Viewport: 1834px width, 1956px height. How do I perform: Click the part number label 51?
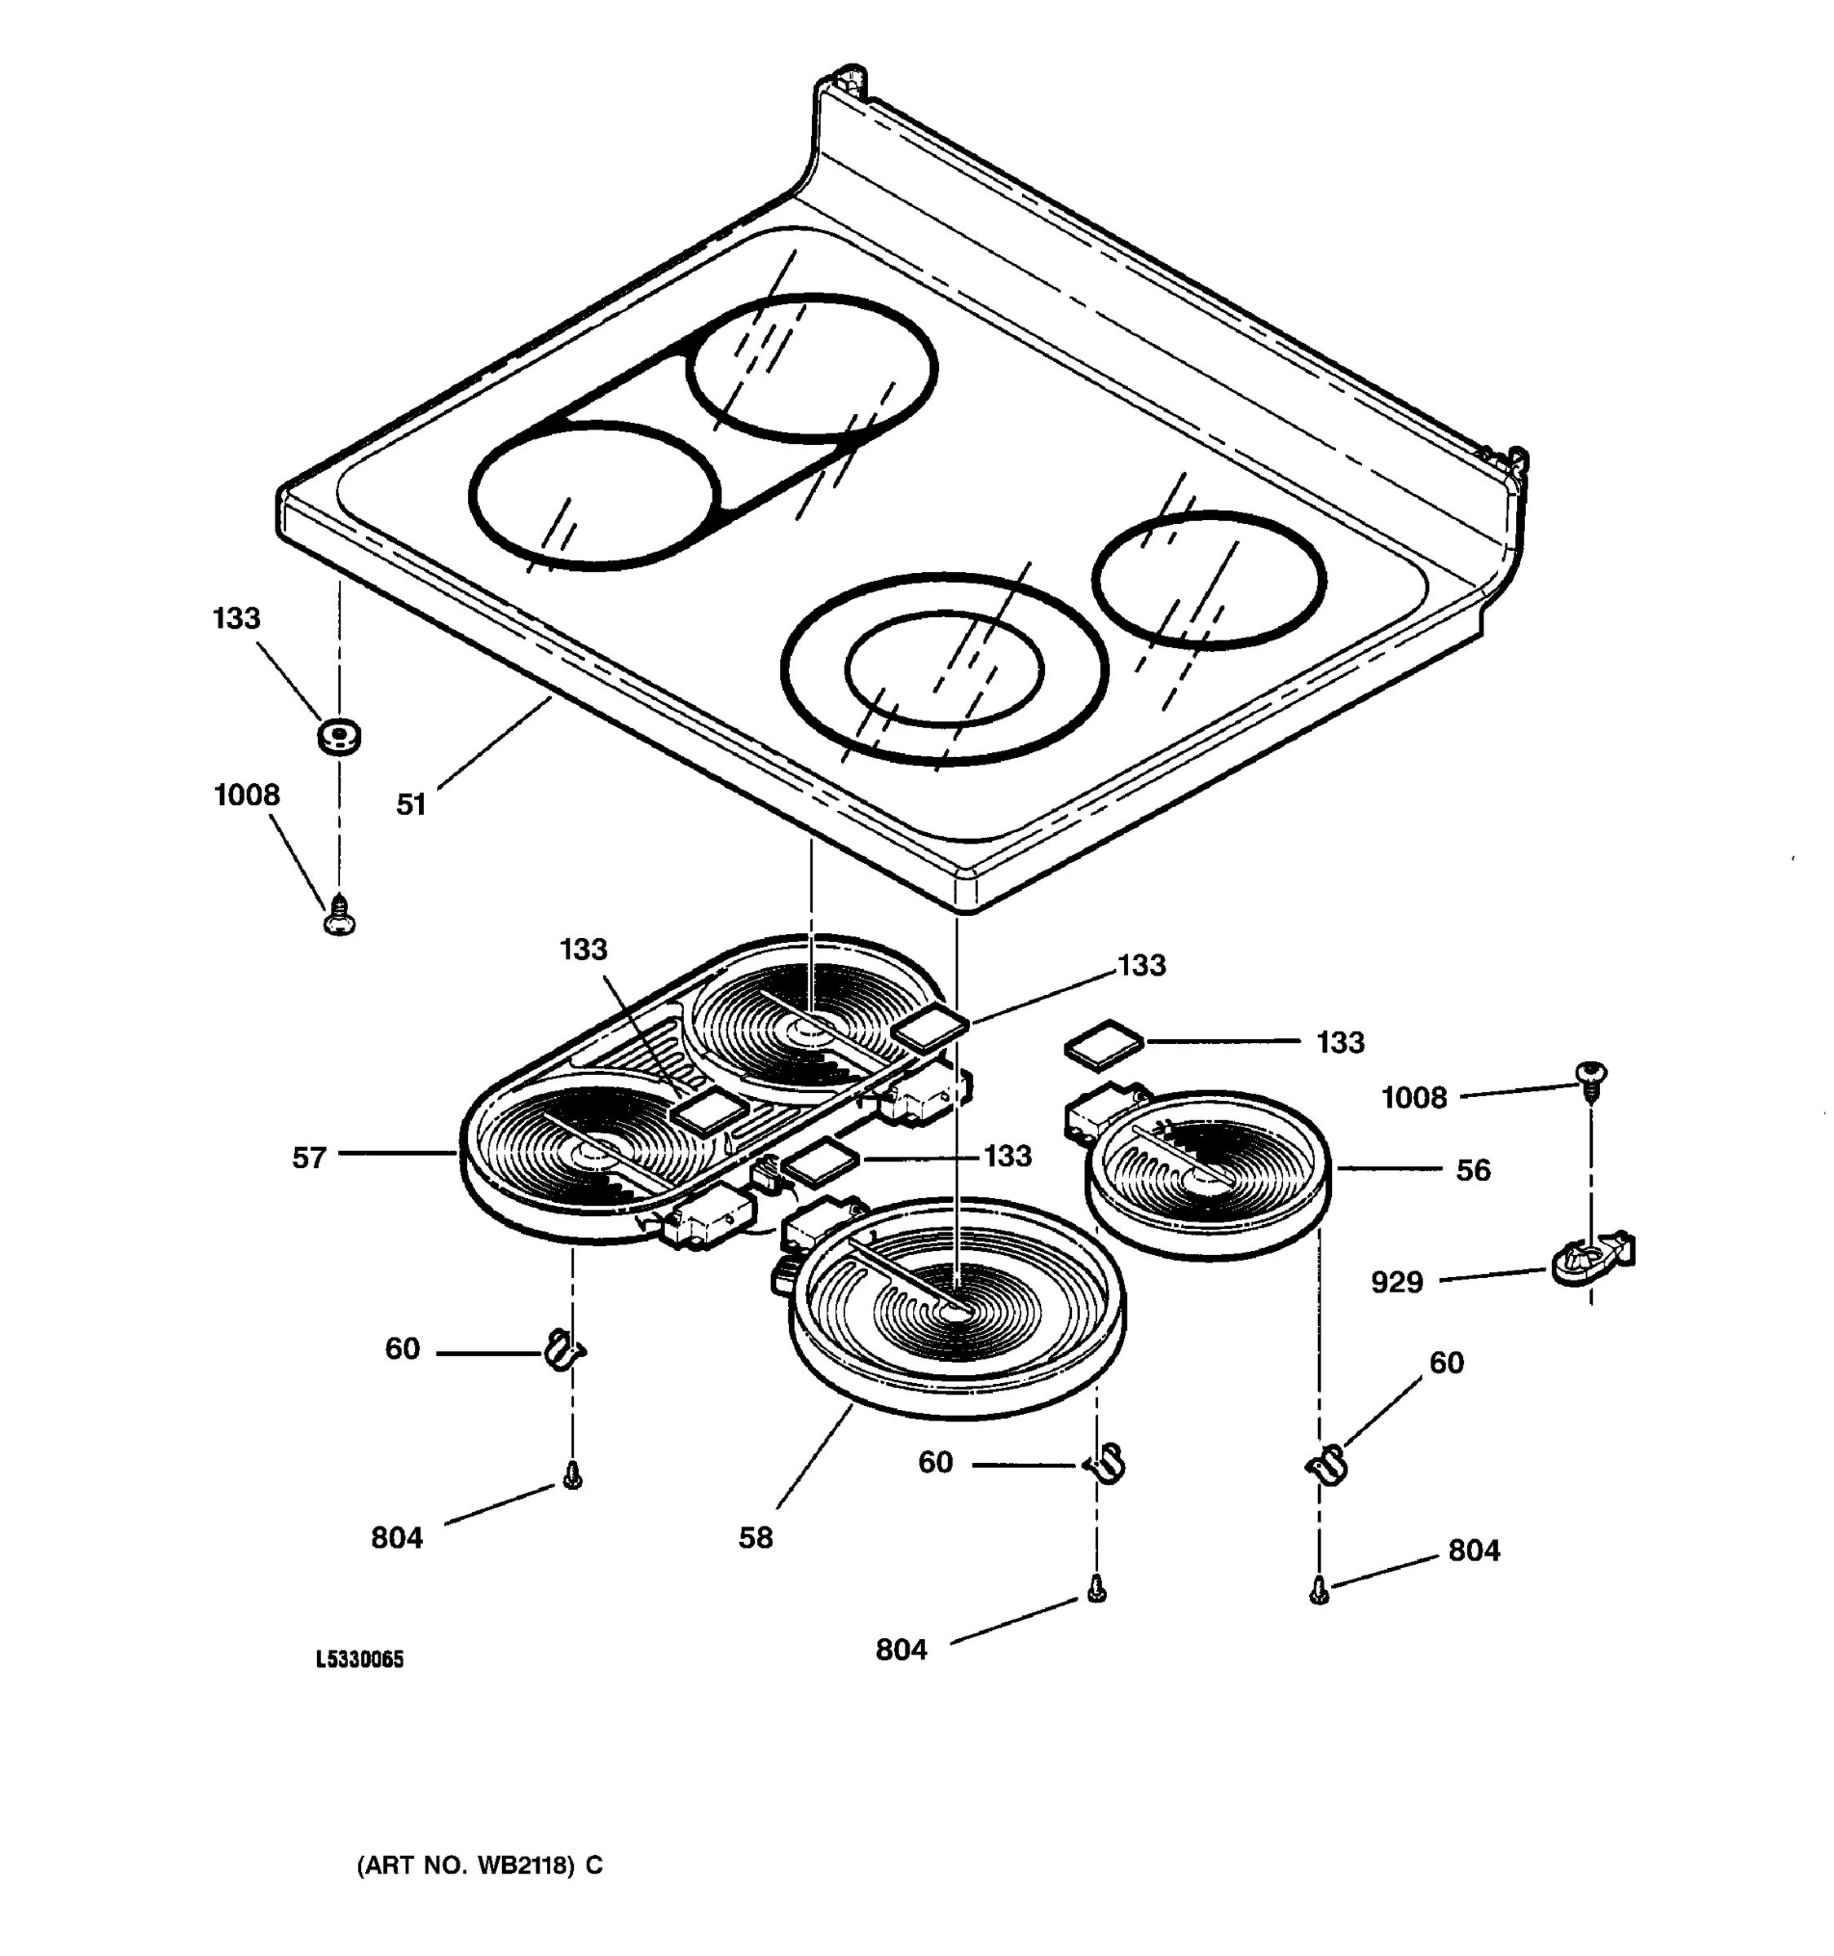pos(410,805)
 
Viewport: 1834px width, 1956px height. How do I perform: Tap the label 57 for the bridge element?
pos(309,1158)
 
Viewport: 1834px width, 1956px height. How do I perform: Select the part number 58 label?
pos(756,1538)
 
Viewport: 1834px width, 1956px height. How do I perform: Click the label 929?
pos(1397,1282)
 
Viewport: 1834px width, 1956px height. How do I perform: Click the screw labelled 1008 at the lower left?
pos(339,916)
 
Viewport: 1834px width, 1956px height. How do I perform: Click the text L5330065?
pos(359,1660)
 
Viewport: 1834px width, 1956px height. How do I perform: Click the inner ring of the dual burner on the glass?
pos(942,669)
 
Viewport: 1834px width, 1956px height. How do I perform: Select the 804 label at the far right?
pos(1474,1551)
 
